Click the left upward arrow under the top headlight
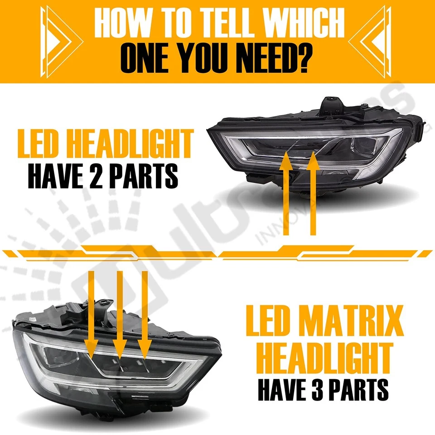pyautogui.click(x=285, y=195)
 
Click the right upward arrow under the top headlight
pyautogui.click(x=311, y=195)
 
